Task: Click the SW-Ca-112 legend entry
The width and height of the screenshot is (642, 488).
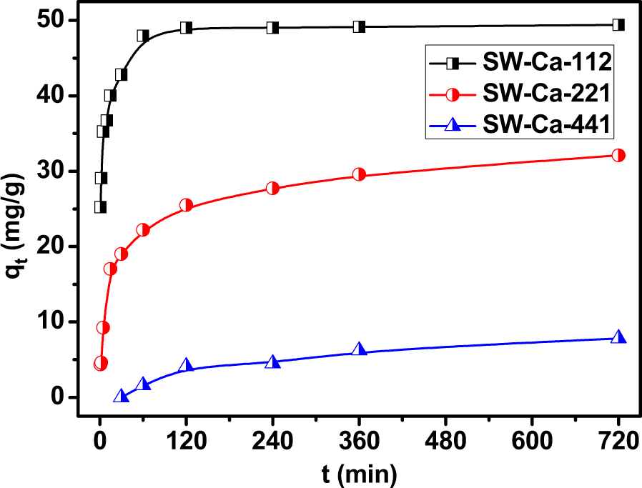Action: click(x=546, y=63)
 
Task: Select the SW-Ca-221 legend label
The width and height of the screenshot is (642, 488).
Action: click(x=546, y=93)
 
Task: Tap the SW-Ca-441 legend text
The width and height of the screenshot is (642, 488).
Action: click(x=546, y=124)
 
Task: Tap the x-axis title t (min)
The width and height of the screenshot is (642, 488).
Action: click(x=359, y=472)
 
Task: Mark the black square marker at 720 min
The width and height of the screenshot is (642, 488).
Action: click(x=618, y=25)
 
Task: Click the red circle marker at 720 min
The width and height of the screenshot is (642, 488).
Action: click(x=618, y=155)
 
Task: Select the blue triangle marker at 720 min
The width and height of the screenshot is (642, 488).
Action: click(x=618, y=337)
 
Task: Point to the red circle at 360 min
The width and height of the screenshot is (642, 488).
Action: click(x=359, y=174)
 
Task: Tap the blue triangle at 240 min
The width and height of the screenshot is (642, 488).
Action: click(x=272, y=362)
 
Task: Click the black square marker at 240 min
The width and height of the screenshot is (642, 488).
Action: click(x=272, y=28)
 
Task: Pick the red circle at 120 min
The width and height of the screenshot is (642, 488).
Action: click(x=186, y=205)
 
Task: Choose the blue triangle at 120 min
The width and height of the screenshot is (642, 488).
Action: click(x=186, y=365)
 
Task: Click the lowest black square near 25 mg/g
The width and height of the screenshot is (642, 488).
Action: click(x=100, y=207)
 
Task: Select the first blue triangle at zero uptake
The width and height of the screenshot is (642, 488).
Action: click(x=121, y=396)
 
